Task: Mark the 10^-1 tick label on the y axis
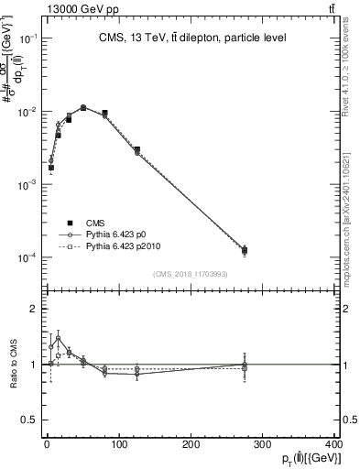27,38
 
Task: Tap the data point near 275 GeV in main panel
245,250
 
